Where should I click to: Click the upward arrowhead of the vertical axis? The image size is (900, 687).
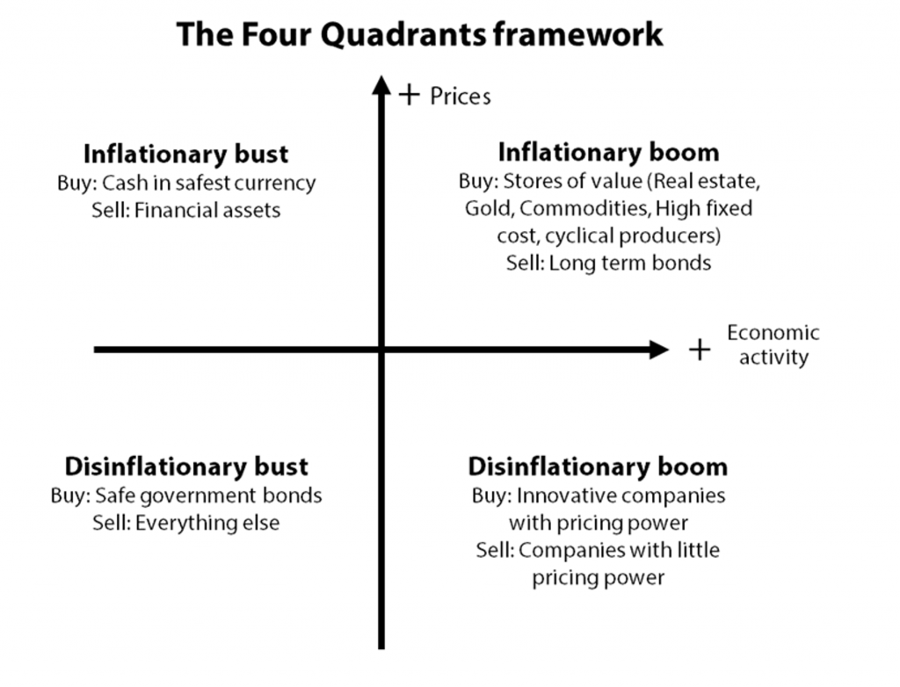pyautogui.click(x=381, y=84)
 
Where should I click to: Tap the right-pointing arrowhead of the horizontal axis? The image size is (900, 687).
pyautogui.click(x=659, y=350)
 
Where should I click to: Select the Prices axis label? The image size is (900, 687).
pyautogui.click(x=461, y=97)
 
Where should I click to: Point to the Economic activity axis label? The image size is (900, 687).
pyautogui.click(x=773, y=345)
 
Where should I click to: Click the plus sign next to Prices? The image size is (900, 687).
pyautogui.click(x=410, y=95)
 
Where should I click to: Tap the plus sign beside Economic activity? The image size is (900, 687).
pyautogui.click(x=700, y=350)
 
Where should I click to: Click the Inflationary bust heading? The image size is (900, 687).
pyautogui.click(x=186, y=154)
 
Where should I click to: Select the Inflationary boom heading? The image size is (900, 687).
pyautogui.click(x=608, y=153)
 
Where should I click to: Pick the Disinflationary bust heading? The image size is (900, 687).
pyautogui.click(x=186, y=466)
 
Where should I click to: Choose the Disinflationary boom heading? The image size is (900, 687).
pyautogui.click(x=598, y=466)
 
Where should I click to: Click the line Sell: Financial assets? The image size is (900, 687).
pyautogui.click(x=186, y=211)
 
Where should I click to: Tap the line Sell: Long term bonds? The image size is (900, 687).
pyautogui.click(x=608, y=263)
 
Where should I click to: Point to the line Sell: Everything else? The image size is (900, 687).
pyautogui.click(x=186, y=523)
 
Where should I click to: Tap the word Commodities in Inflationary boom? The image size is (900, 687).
pyautogui.click(x=584, y=208)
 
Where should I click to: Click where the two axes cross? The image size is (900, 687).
pyautogui.click(x=381, y=350)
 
